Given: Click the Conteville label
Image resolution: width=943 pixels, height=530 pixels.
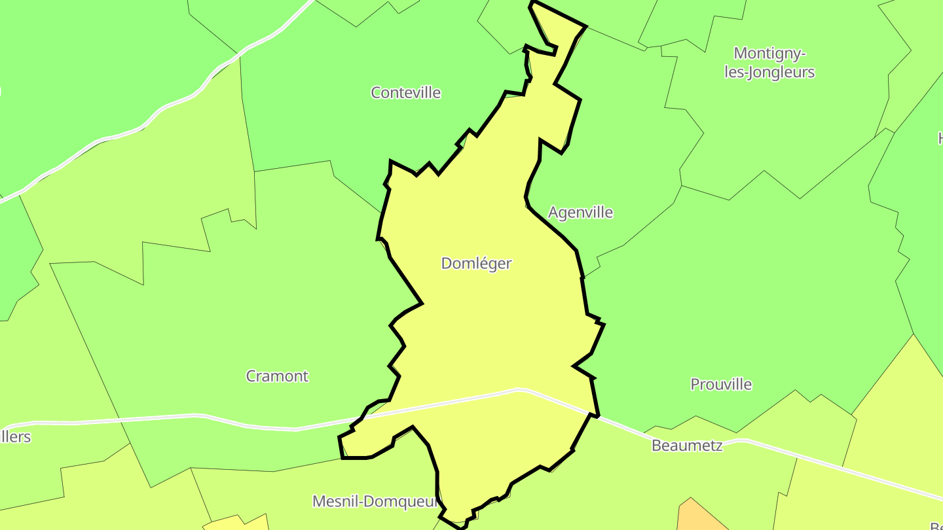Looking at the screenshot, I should [405, 93].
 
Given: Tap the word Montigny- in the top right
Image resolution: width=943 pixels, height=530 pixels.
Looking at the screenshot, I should [769, 53].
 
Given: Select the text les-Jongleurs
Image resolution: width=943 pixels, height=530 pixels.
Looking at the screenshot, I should [769, 72].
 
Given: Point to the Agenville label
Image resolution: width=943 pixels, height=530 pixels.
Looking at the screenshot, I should [580, 213].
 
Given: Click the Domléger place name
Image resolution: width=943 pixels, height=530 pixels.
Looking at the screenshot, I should [476, 264].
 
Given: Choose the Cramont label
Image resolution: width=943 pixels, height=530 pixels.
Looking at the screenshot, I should [277, 376].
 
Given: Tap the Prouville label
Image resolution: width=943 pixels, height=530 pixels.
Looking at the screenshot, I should [721, 385].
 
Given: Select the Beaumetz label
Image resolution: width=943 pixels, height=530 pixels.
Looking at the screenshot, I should [687, 446].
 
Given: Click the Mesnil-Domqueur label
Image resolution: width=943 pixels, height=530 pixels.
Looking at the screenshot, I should [375, 502].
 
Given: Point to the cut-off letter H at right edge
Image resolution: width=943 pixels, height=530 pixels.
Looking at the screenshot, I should [940, 138].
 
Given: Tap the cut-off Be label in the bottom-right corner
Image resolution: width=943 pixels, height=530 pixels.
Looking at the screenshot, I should [936, 525].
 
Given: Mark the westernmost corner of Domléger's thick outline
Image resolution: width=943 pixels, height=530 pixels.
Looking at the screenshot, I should [339, 437].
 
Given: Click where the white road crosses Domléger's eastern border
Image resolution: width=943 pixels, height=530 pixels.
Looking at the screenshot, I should [595, 415].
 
